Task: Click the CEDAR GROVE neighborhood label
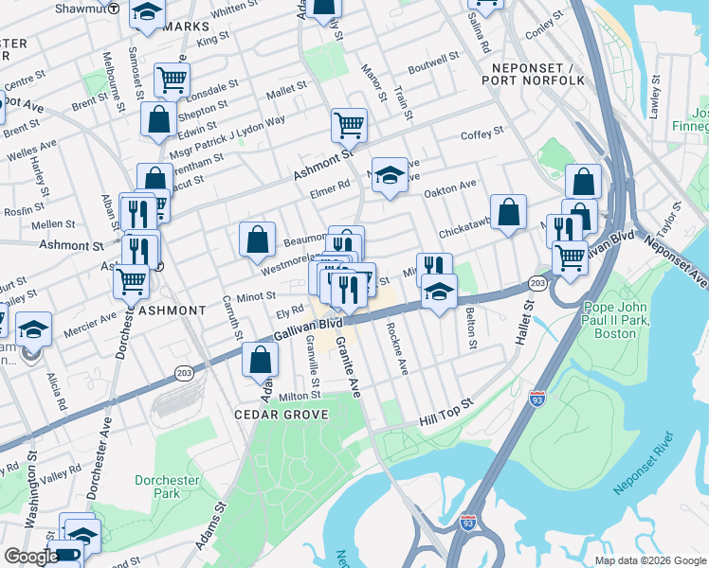[282, 415]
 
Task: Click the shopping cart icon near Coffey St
[349, 124]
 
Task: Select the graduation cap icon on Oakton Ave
[389, 174]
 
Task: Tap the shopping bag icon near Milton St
[259, 360]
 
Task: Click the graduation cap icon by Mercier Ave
[33, 328]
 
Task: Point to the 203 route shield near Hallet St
[537, 283]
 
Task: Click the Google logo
[31, 556]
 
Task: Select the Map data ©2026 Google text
[649, 559]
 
